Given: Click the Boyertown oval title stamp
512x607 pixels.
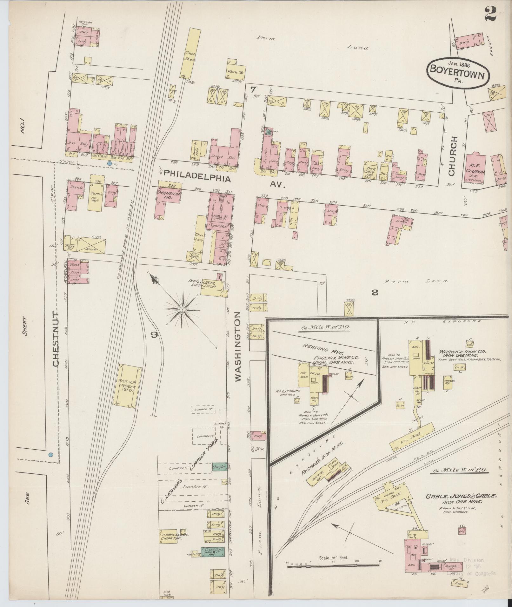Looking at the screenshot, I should (457, 72).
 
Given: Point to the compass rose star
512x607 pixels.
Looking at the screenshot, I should (183, 309).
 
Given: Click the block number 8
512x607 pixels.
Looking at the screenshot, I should (375, 293).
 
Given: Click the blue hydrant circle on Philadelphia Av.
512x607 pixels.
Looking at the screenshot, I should (110, 164).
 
